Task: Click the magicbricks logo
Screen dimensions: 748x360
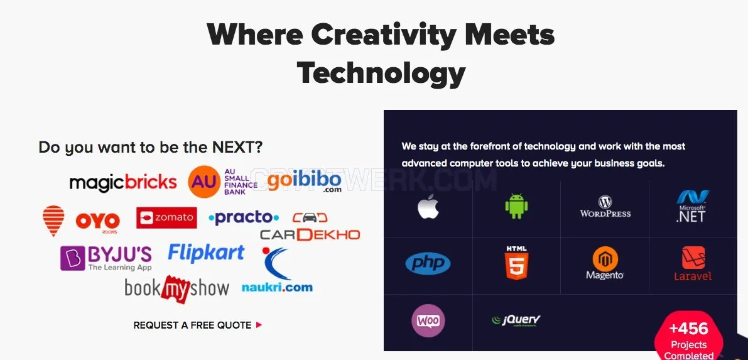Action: [123, 182]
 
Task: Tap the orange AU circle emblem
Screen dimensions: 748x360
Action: [204, 182]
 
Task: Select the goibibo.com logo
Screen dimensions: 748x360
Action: [305, 182]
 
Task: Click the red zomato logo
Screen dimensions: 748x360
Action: [166, 218]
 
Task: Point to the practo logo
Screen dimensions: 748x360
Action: [244, 218]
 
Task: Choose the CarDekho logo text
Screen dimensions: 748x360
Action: [310, 234]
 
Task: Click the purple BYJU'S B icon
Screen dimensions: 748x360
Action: [72, 258]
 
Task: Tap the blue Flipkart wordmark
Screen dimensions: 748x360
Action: [206, 253]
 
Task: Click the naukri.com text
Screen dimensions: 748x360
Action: [277, 287]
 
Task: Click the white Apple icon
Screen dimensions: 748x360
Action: [428, 207]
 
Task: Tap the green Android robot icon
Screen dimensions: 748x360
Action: [517, 207]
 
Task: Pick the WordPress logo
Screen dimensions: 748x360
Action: [605, 207]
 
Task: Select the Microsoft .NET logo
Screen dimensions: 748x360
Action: [693, 206]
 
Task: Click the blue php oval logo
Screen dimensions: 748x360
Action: [428, 263]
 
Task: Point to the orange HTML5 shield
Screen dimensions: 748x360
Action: [517, 263]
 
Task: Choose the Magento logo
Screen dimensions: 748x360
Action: [605, 263]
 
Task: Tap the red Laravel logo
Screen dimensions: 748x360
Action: [693, 263]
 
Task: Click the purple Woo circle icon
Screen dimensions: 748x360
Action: [428, 320]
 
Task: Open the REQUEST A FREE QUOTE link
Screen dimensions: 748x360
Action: [197, 325]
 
